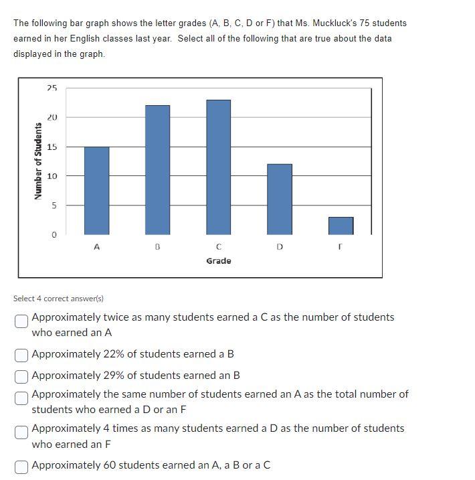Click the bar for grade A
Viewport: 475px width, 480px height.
pyautogui.click(x=96, y=191)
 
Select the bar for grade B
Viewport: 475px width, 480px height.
pyautogui.click(x=157, y=170)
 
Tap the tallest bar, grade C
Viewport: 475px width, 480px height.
pyautogui.click(x=218, y=167)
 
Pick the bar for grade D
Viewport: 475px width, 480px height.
pyautogui.click(x=280, y=199)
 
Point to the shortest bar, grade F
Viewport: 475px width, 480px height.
pyautogui.click(x=341, y=226)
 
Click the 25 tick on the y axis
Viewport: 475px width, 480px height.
pyautogui.click(x=52, y=88)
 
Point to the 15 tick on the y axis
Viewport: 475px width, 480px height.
pyautogui.click(x=52, y=147)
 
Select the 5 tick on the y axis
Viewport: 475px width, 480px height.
pyautogui.click(x=55, y=206)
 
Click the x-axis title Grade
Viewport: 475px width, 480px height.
pyautogui.click(x=219, y=261)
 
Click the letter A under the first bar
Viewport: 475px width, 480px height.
pyautogui.click(x=96, y=247)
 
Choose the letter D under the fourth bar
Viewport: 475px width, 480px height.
pyautogui.click(x=280, y=247)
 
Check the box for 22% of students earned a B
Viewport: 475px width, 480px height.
pyautogui.click(x=22, y=354)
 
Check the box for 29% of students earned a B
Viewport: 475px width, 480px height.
pyautogui.click(x=22, y=376)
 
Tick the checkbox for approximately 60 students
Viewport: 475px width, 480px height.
pyautogui.click(x=22, y=466)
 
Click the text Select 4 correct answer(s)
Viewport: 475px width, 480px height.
pyautogui.click(x=58, y=298)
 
